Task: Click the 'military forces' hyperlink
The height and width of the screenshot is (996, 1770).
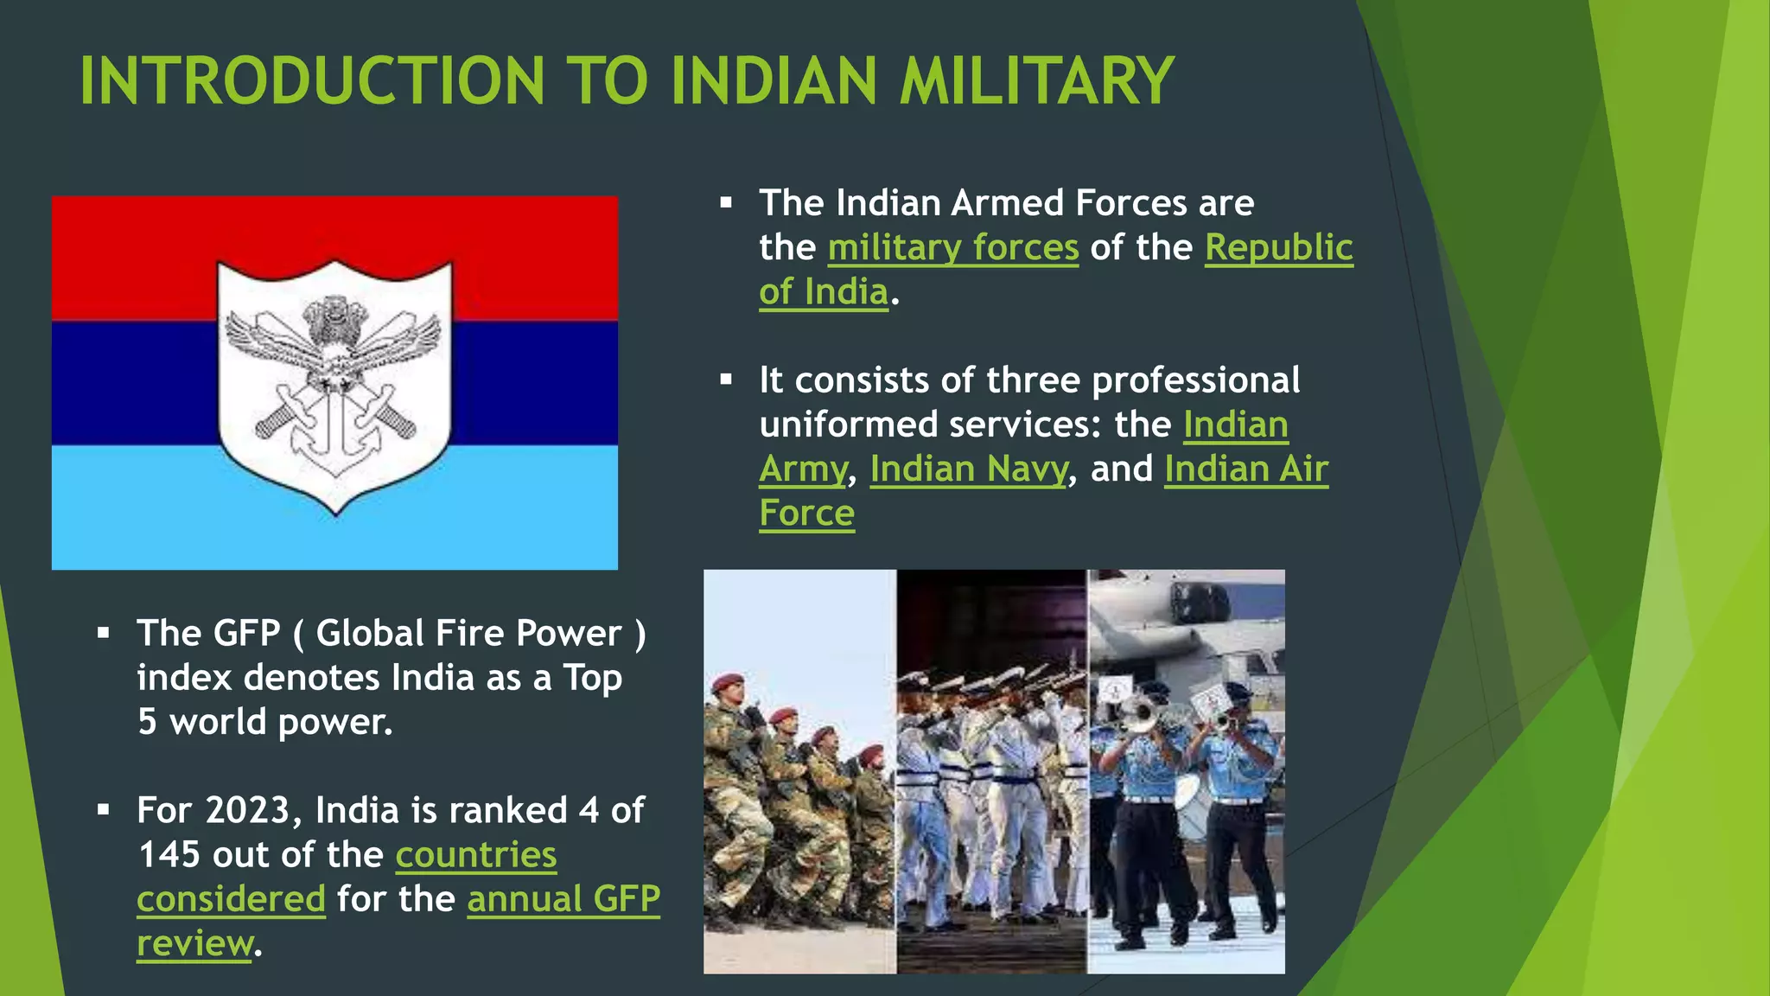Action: (953, 247)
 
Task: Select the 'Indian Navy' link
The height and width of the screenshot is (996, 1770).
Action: (969, 469)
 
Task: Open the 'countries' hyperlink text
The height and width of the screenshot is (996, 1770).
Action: (476, 854)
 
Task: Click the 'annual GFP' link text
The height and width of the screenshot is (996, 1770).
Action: (563, 898)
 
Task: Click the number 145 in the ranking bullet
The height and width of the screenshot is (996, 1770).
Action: (169, 854)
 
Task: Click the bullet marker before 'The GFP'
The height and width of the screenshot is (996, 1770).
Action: (104, 634)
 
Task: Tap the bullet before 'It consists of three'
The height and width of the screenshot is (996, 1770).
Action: (726, 380)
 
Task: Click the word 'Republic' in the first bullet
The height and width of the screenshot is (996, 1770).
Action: (1278, 247)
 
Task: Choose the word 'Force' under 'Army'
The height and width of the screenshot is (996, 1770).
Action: (806, 513)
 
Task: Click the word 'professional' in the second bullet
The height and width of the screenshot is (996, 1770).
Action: (1196, 380)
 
